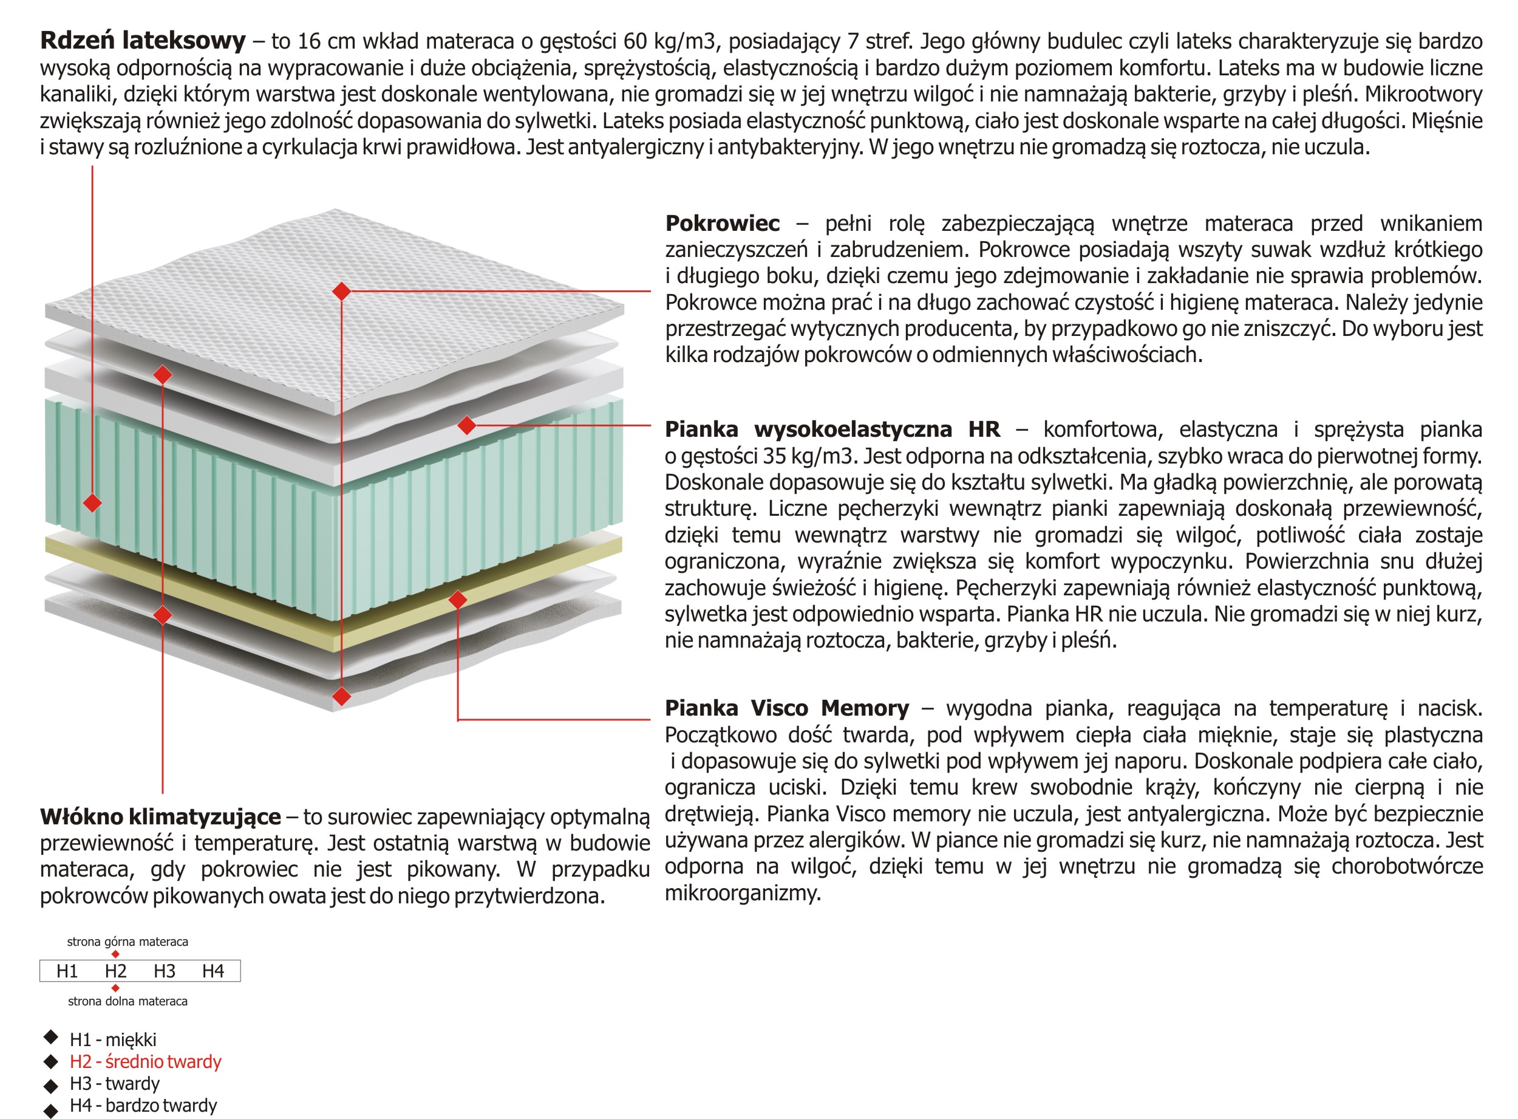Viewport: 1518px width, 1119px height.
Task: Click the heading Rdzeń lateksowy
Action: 142,41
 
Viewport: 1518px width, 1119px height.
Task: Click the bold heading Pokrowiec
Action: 722,224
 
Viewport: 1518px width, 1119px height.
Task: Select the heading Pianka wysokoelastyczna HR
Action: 832,429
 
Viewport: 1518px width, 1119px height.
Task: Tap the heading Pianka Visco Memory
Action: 787,708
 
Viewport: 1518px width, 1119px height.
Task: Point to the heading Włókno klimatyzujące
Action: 160,817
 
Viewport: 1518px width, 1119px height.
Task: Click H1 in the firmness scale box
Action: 67,971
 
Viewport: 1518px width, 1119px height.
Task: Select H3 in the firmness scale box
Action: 165,971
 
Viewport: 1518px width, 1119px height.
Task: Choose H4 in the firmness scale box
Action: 213,971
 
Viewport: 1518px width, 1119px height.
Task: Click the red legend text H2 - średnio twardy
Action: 146,1061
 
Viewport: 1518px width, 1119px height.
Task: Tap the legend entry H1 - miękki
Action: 113,1040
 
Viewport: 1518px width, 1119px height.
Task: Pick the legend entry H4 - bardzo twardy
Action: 143,1106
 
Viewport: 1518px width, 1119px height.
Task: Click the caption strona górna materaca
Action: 128,942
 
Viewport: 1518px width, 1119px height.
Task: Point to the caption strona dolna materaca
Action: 128,1001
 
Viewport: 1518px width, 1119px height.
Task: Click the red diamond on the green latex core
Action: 93,502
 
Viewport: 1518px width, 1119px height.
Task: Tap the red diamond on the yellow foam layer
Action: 458,600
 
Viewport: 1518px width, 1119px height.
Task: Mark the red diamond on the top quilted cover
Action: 342,291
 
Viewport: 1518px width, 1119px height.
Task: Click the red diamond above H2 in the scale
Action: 116,954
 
